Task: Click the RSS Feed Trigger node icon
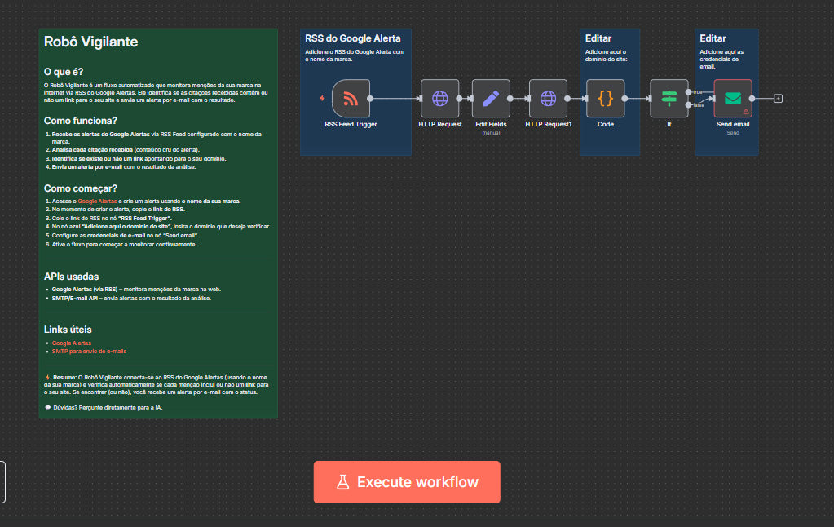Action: click(351, 99)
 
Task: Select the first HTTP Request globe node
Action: click(440, 99)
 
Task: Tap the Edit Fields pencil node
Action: click(491, 99)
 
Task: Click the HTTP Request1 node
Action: click(548, 99)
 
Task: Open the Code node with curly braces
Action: click(605, 99)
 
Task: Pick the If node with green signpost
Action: click(669, 99)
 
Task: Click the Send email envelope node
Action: click(732, 99)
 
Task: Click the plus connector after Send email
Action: click(778, 99)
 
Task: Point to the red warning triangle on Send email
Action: click(746, 111)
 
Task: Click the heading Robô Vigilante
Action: click(91, 42)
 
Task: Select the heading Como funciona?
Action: click(81, 121)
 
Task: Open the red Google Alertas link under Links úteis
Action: click(72, 343)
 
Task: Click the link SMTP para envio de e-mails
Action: click(89, 351)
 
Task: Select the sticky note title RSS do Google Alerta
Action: click(352, 38)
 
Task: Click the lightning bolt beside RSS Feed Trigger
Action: click(323, 99)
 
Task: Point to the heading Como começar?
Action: click(80, 188)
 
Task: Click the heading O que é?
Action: click(64, 72)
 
